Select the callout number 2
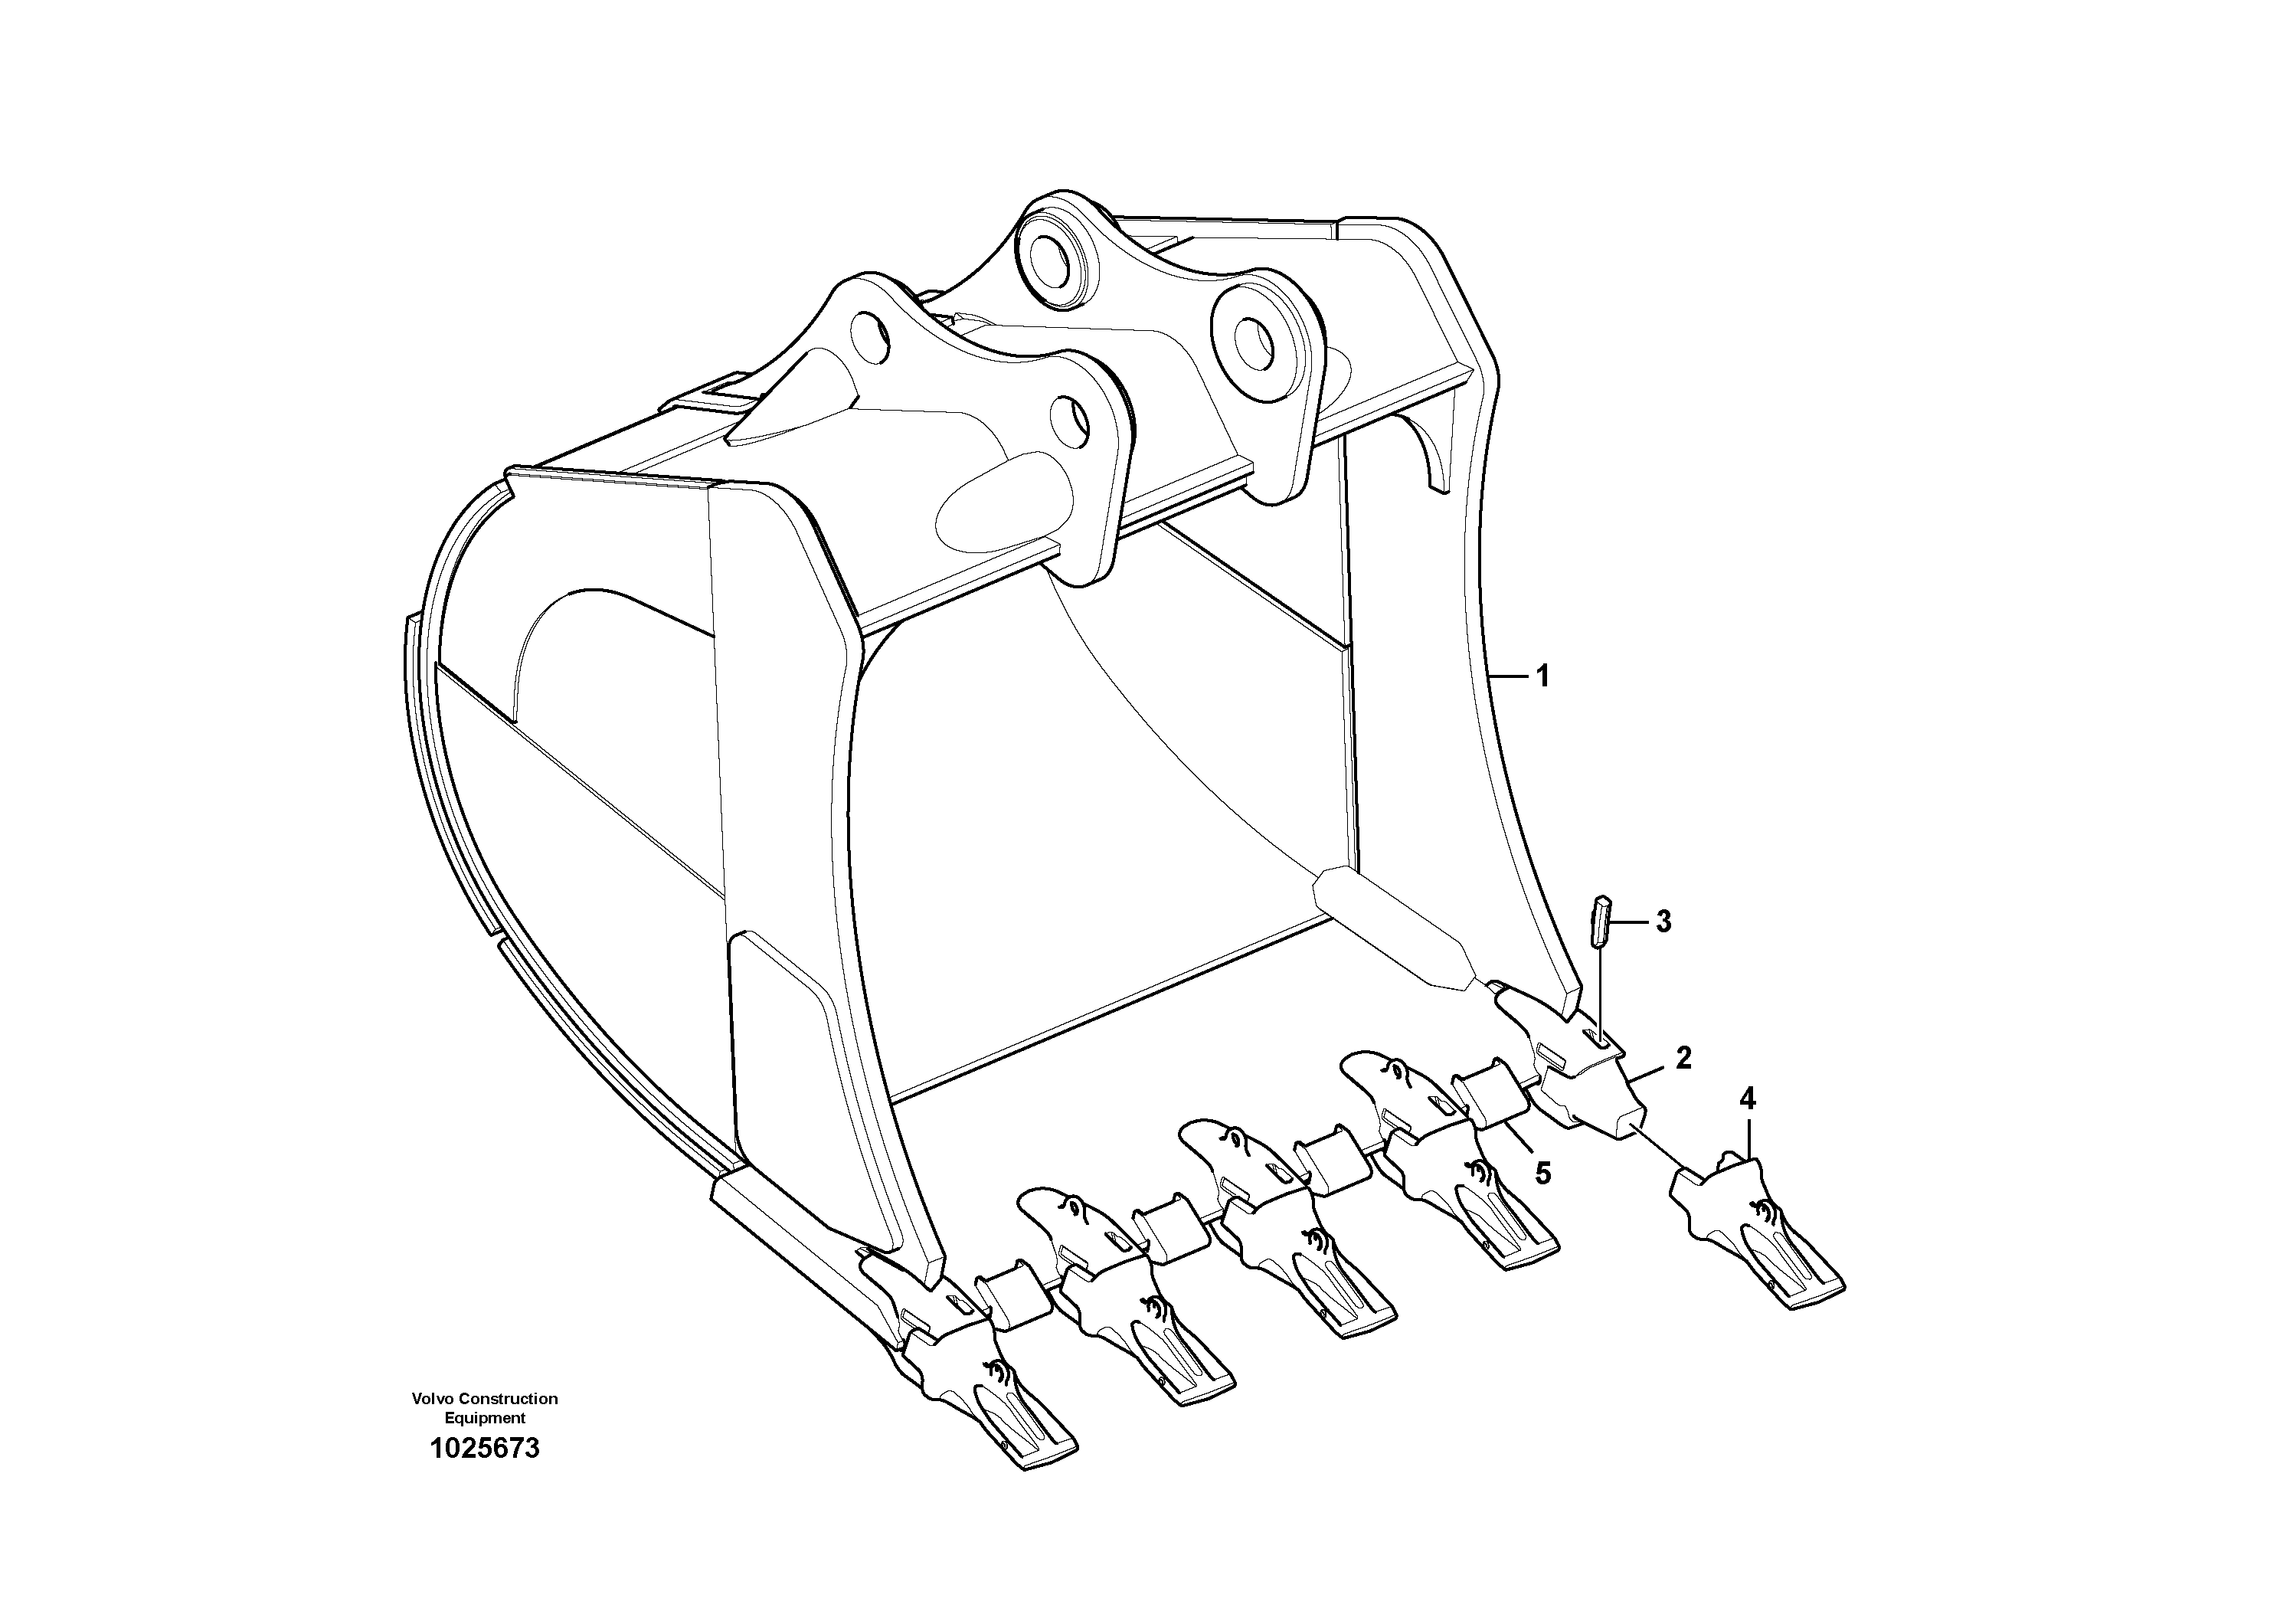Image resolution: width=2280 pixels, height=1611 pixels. (x=1683, y=1058)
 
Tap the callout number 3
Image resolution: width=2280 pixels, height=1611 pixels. (x=1663, y=922)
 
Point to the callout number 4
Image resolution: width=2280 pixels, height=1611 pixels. (x=1747, y=1099)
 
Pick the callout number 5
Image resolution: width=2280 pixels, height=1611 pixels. (x=1542, y=1173)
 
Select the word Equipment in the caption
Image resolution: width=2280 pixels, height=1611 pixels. (x=485, y=1418)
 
